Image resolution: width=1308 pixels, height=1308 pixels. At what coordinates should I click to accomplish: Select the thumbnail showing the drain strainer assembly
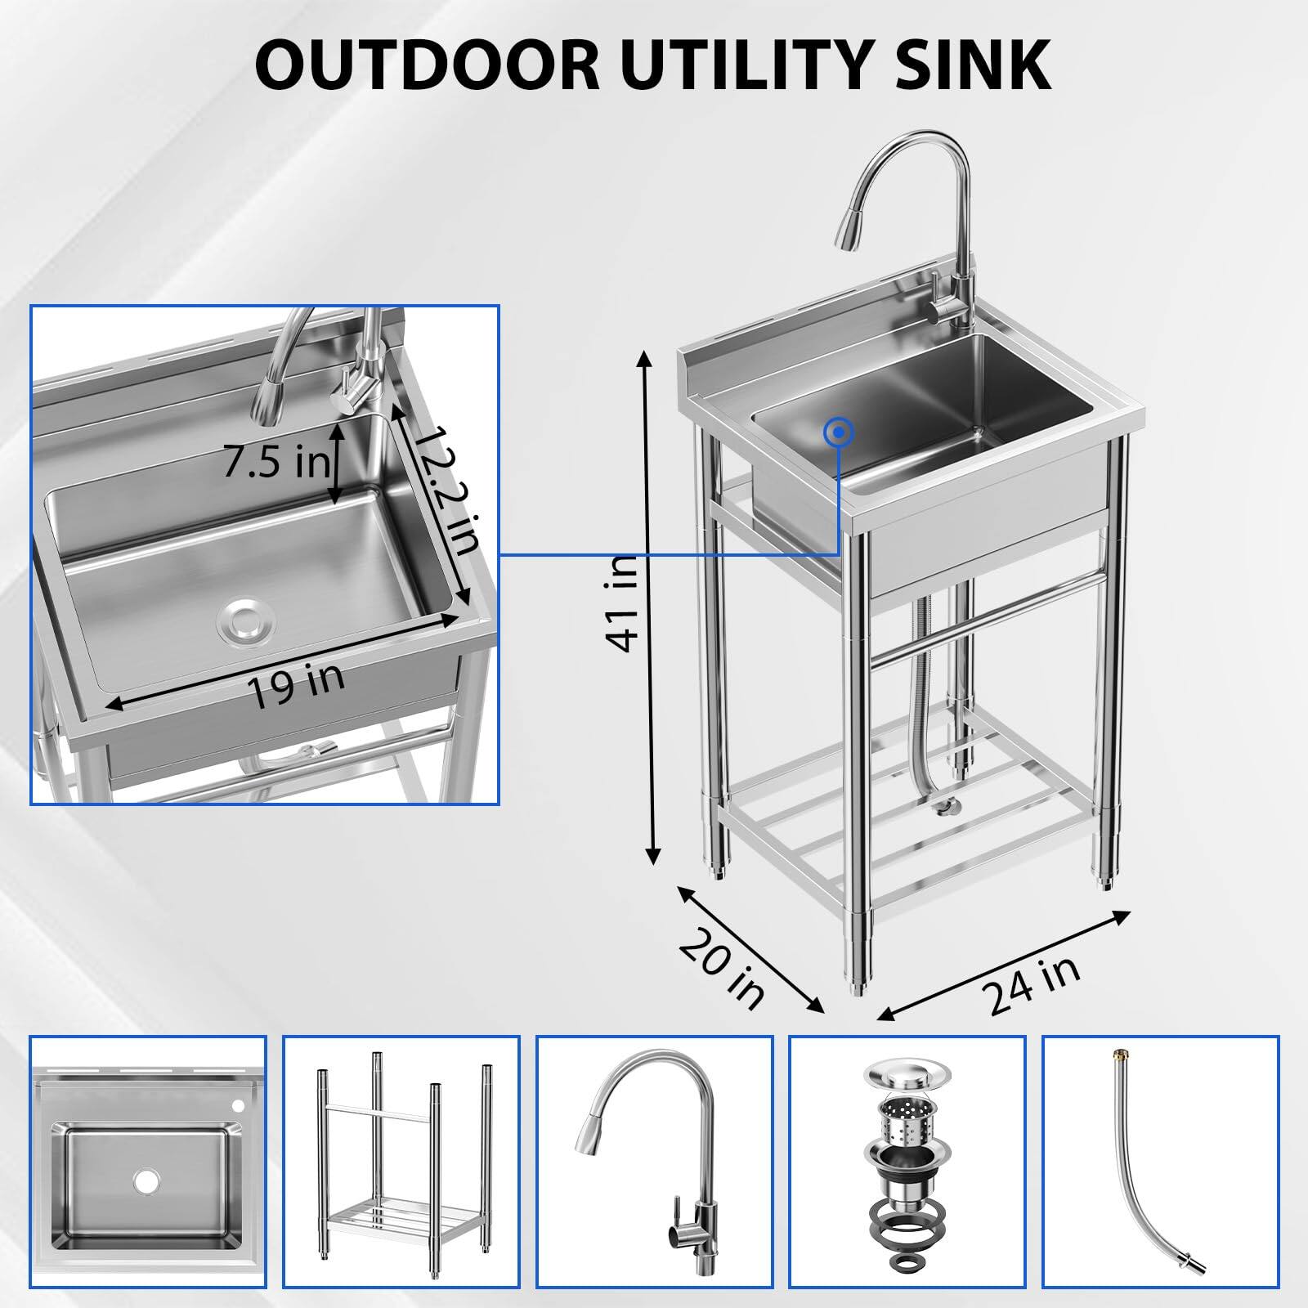(907, 1162)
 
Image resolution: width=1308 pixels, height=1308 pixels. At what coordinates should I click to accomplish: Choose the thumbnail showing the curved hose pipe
(1161, 1162)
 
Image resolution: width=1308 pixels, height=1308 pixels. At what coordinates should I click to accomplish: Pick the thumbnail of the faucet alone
(654, 1162)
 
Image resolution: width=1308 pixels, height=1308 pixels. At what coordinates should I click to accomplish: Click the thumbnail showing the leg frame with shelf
(401, 1162)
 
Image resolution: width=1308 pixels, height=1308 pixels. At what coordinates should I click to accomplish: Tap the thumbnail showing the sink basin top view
(148, 1162)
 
